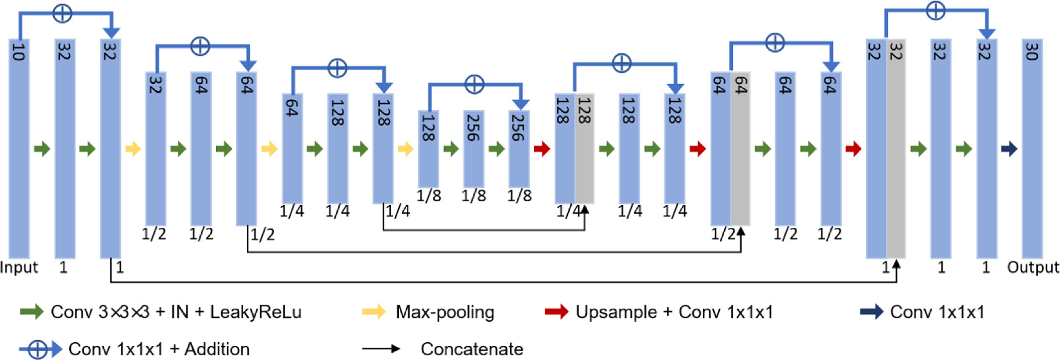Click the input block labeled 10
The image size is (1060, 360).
[x=19, y=148]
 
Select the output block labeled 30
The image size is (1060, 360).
[x=1032, y=148]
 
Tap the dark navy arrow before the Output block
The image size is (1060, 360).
[x=1009, y=149]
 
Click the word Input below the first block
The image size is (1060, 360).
[x=19, y=267]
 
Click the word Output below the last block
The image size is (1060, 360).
[x=1033, y=267]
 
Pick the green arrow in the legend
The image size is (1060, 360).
[x=31, y=312]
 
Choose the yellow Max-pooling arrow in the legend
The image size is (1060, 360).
[x=374, y=312]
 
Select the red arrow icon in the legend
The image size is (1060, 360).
[x=556, y=312]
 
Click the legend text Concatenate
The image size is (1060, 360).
[x=472, y=349]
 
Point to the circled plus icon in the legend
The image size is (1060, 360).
[x=38, y=350]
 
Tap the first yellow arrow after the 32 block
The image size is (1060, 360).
[x=133, y=149]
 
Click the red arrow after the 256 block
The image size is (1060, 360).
[x=541, y=149]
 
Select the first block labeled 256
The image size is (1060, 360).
[x=474, y=149]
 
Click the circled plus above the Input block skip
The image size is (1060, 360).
[x=62, y=12]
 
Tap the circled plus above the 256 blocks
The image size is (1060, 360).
[x=474, y=84]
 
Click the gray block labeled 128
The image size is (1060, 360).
[x=584, y=149]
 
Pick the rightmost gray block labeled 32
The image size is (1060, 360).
[x=896, y=149]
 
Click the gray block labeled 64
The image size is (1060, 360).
[x=740, y=149]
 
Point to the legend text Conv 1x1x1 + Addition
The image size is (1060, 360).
[x=159, y=350]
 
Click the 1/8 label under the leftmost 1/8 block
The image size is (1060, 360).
[x=428, y=196]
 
